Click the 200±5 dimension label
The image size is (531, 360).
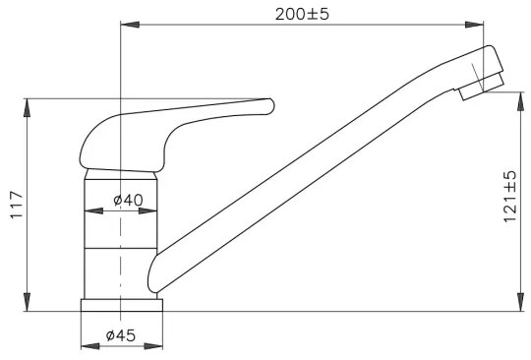[x=301, y=14]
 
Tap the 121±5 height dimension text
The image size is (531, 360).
[x=508, y=196]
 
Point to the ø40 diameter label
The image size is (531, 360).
[x=128, y=201]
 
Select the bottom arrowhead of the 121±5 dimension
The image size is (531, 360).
[x=517, y=306]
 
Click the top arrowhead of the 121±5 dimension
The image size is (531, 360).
[x=517, y=97]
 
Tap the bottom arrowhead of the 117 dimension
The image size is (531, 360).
[x=27, y=306]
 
